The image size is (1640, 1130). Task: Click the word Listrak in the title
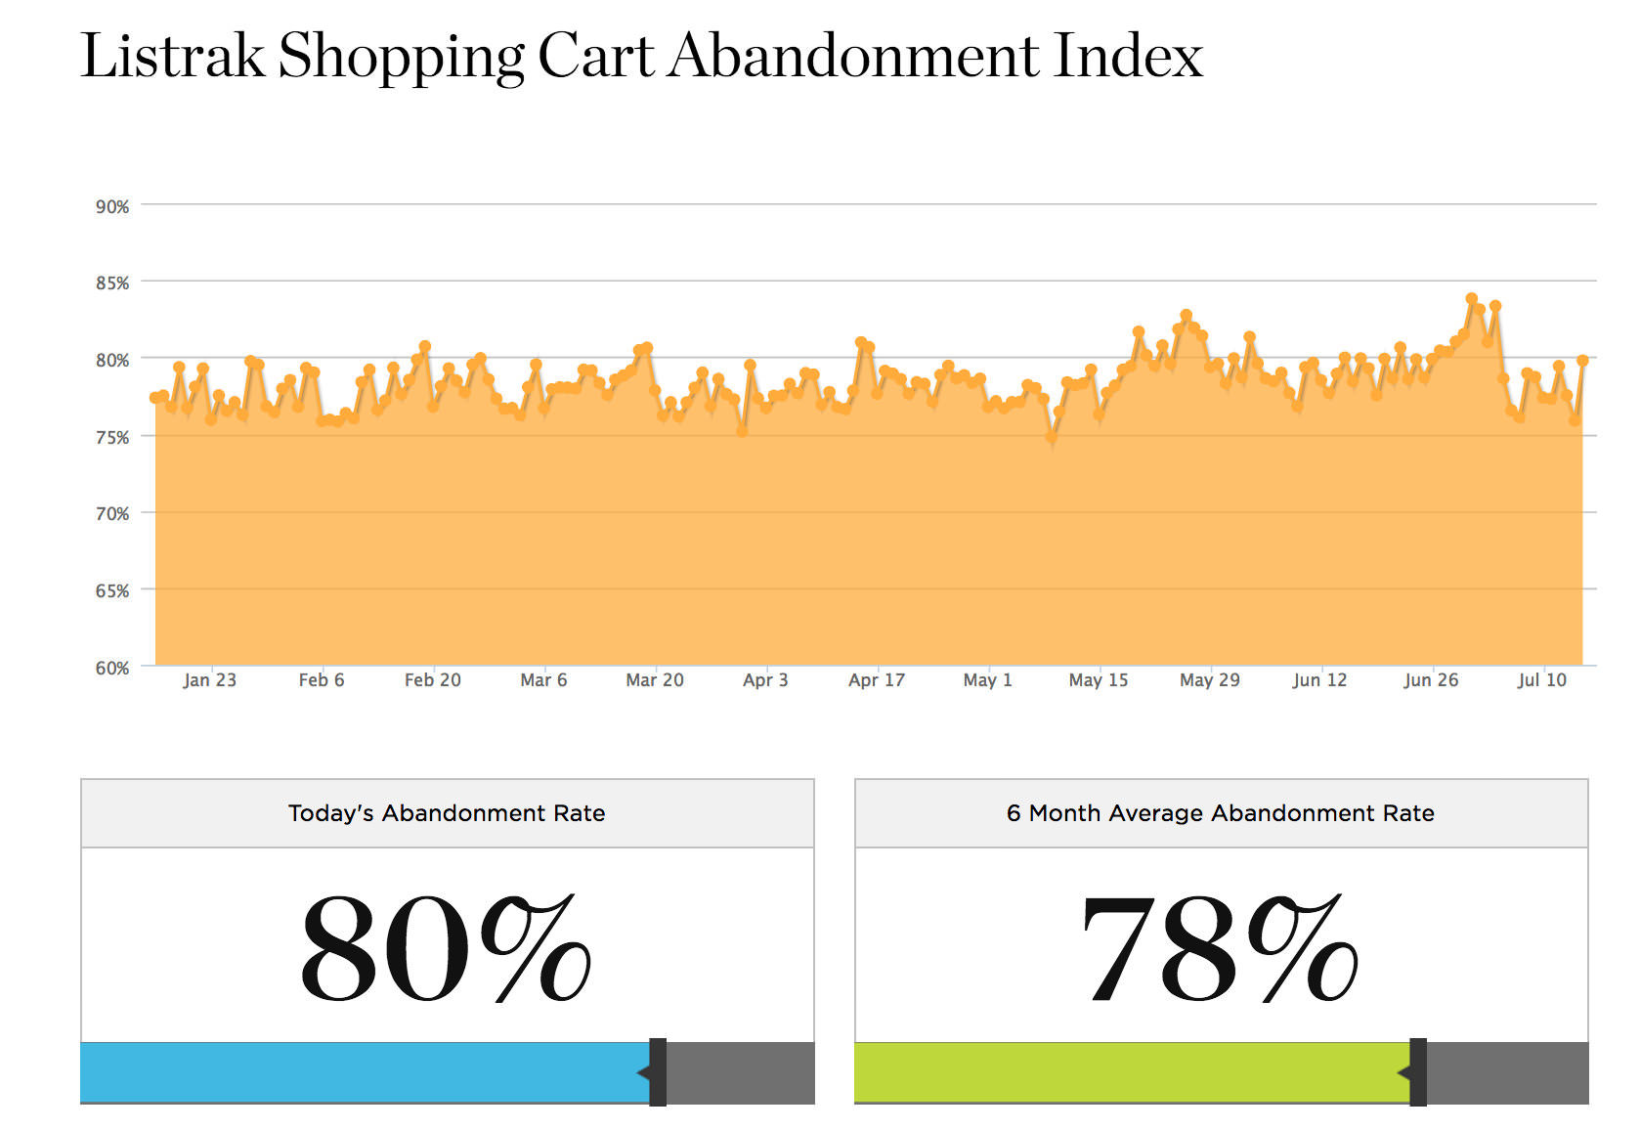pos(172,56)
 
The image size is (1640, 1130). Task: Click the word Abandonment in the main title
pos(854,56)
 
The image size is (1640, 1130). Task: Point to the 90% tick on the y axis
pos(111,206)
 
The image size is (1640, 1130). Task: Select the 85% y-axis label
pos(111,283)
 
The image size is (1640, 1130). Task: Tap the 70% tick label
pos(111,514)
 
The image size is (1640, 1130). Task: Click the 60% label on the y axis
pos(111,669)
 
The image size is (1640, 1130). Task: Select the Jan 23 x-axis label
pos(209,680)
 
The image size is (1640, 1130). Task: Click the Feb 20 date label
pos(432,680)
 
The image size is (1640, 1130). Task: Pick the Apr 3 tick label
pos(765,680)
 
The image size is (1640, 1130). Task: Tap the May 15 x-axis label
pos(1098,680)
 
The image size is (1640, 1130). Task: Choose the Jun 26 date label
pos(1431,680)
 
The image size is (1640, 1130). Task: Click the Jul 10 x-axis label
pos(1541,680)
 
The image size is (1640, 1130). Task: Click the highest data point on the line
pos(1472,299)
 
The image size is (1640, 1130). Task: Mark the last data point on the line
pos(1582,361)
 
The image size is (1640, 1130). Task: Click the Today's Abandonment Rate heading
pos(447,813)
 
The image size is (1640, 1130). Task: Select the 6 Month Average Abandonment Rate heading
pos(1220,813)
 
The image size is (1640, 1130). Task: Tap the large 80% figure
pos(446,948)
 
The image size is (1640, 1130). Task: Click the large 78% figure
pos(1220,948)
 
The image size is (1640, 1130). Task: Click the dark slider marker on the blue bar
pos(658,1072)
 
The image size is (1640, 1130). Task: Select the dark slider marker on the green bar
pos(1418,1072)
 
